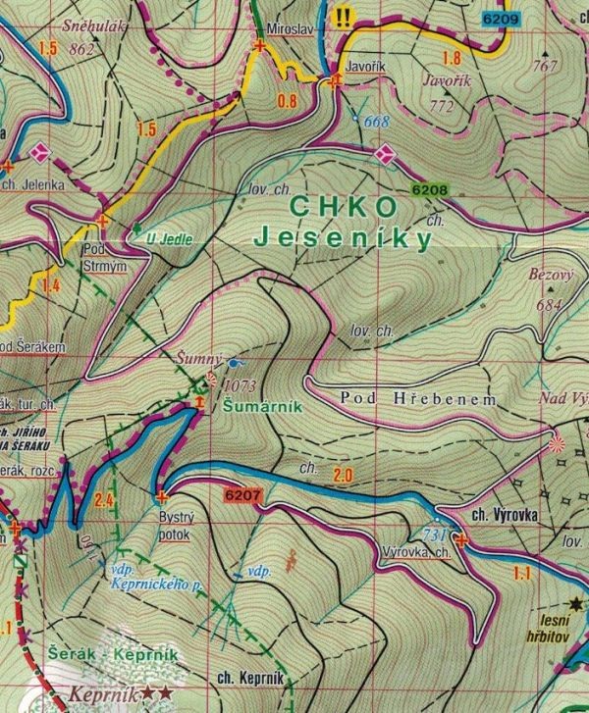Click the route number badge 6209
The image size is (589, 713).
click(x=499, y=18)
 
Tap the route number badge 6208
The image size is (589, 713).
click(x=429, y=191)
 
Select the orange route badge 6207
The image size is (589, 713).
click(x=242, y=496)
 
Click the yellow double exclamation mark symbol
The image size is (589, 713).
click(x=344, y=17)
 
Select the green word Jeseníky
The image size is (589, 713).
click(x=343, y=237)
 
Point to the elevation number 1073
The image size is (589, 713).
click(x=241, y=385)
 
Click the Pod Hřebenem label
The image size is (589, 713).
click(x=419, y=400)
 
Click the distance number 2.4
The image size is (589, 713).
click(x=106, y=504)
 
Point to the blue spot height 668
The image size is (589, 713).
click(x=376, y=121)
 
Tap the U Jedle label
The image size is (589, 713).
click(x=170, y=237)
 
